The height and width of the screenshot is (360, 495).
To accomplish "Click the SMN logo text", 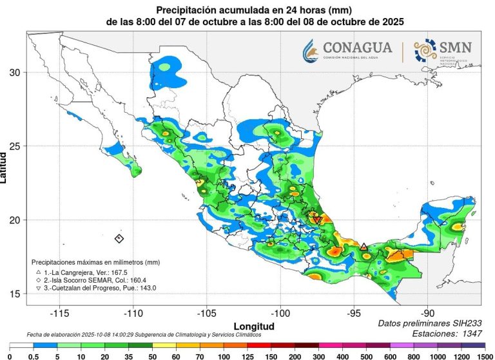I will [x=455, y=47].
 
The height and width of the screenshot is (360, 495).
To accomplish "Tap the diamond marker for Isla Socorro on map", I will [x=119, y=238].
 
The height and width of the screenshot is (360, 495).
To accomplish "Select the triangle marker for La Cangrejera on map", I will [x=364, y=247].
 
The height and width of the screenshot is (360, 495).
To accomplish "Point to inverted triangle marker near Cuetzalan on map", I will [x=317, y=220].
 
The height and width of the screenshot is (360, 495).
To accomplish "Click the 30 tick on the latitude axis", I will [x=15, y=72].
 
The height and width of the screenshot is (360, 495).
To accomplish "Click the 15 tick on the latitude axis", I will [x=15, y=294].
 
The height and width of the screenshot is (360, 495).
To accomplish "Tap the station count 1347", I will [x=468, y=333].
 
